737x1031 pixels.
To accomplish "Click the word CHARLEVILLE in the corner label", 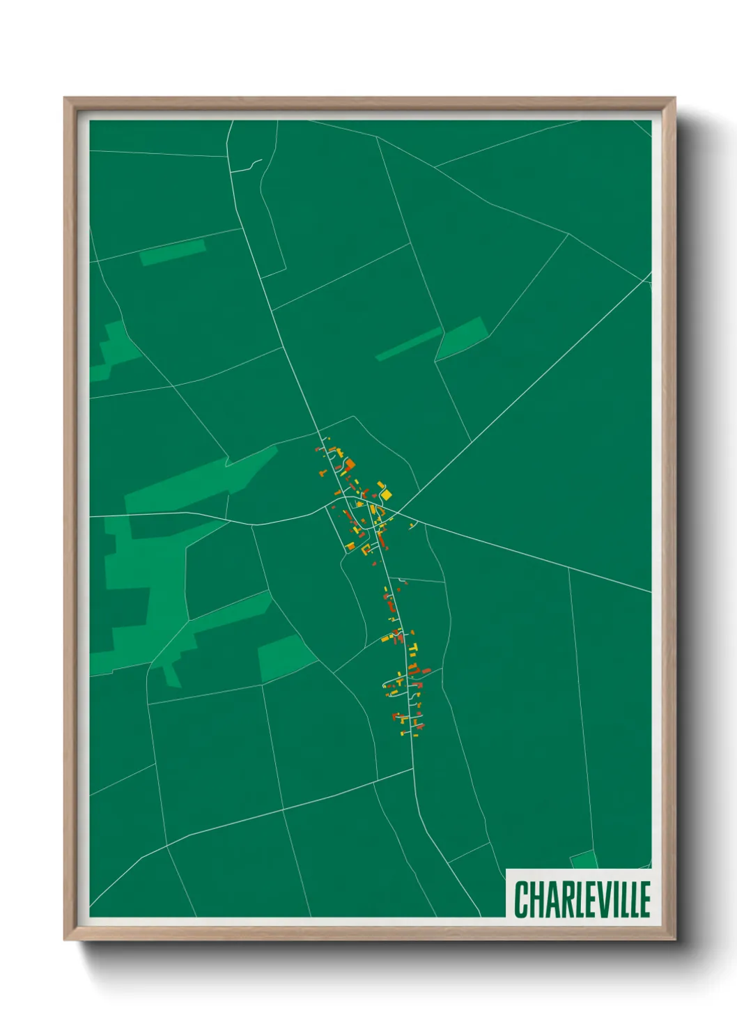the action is (582, 899).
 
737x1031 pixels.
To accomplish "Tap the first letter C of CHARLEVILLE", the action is (521, 899).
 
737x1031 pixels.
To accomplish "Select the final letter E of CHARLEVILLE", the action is (645, 899).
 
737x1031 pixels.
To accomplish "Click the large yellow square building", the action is (387, 494).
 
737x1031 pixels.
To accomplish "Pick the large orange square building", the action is (350, 464).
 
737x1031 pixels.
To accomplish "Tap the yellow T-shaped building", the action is (412, 651).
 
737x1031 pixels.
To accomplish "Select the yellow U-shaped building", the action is (365, 550).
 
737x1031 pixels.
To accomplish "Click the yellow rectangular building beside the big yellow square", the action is (380, 485).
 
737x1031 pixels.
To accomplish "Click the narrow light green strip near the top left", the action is (173, 253).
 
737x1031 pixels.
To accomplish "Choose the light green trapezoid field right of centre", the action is (460, 339).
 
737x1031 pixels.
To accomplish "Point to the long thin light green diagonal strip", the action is (408, 344).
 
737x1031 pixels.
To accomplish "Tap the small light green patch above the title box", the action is (584, 860).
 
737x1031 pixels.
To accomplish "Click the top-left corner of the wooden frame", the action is (65, 98).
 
